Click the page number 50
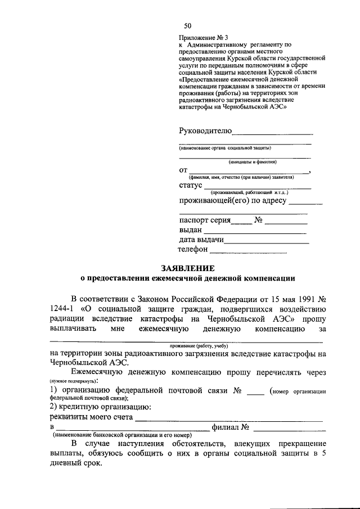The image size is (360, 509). click(x=188, y=26)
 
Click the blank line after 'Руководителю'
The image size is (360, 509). click(x=272, y=134)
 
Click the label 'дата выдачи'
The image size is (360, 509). click(x=201, y=240)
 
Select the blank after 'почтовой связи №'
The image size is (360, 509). click(x=256, y=393)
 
